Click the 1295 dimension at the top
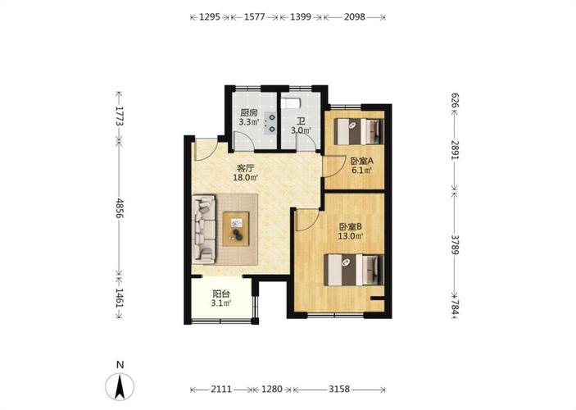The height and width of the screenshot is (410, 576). click(210, 17)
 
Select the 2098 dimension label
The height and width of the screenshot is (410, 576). click(355, 17)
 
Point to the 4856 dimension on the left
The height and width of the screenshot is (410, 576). click(120, 208)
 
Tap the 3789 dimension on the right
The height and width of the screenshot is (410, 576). click(455, 244)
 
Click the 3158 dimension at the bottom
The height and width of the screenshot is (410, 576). click(339, 389)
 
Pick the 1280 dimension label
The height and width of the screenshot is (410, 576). click(272, 389)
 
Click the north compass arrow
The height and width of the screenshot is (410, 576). click(120, 386)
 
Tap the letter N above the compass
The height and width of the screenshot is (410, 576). click(120, 365)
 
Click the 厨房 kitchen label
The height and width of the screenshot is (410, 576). click(249, 112)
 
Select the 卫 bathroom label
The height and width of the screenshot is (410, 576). click(302, 121)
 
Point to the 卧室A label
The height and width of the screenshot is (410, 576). click(362, 161)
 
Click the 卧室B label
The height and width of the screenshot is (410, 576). click(351, 226)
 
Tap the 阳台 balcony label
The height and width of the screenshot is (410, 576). click(221, 294)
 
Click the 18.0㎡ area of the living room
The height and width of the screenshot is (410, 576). click(245, 178)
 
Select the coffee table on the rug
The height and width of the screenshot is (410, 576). click(236, 229)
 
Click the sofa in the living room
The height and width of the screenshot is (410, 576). click(203, 230)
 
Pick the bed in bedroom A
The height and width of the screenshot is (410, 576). click(359, 131)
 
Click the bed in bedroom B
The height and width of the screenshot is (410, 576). click(354, 270)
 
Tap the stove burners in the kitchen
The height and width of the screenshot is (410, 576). click(272, 123)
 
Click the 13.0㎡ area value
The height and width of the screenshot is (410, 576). click(351, 236)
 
